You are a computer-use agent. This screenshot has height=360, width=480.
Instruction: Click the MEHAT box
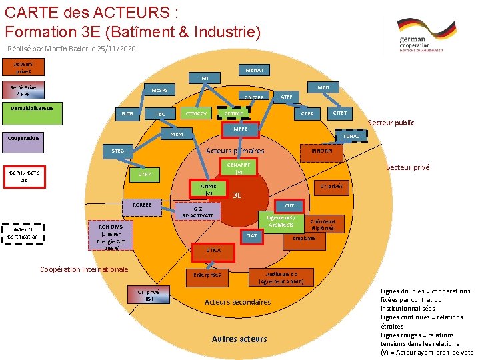[x=254, y=70]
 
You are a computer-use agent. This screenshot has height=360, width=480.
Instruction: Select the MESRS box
[x=159, y=90]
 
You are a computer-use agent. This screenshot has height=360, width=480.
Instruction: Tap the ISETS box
[x=127, y=114]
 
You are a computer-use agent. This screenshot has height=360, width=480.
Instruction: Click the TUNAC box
[x=351, y=136]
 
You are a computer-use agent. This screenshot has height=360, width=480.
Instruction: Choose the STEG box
[x=117, y=151]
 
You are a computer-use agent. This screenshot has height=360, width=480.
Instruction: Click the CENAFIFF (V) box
[x=239, y=167]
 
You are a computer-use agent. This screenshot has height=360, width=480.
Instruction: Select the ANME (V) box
[x=209, y=189]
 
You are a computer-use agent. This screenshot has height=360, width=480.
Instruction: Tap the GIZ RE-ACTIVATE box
[x=197, y=212]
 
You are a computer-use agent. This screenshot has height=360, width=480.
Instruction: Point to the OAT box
[x=251, y=235]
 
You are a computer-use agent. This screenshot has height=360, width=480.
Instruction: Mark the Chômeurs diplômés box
[x=323, y=225]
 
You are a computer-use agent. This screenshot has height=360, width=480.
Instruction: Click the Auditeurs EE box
[x=281, y=277]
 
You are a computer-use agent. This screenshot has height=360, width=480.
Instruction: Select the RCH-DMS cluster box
[x=107, y=236]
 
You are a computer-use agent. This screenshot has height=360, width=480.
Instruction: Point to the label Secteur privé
[x=408, y=168]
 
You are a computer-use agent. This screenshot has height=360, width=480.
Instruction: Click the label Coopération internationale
[x=84, y=269]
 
